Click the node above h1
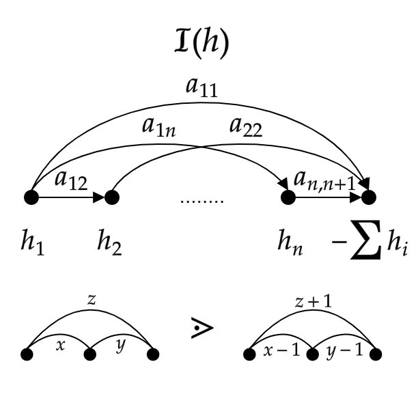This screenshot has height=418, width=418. click(30, 198)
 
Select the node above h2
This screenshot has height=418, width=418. click(112, 198)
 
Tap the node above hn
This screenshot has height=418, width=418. click(288, 198)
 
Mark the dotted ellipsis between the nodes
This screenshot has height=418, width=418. click(201, 201)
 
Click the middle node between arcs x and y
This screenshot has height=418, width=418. click(89, 354)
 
